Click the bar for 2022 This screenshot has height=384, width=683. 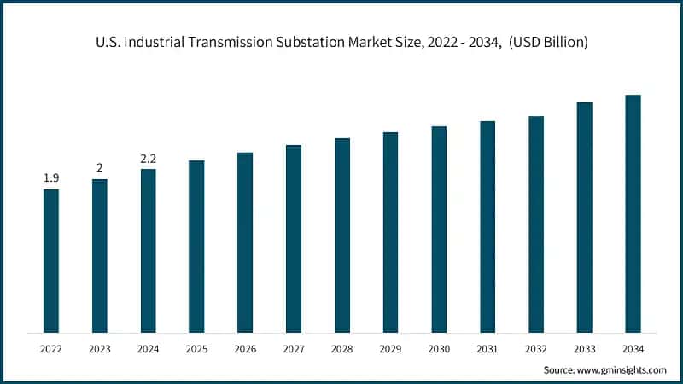pyautogui.click(x=51, y=260)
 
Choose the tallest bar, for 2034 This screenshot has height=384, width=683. pyautogui.click(x=633, y=213)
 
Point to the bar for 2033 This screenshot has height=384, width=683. pyautogui.click(x=584, y=217)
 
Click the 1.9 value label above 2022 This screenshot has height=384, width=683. pyautogui.click(x=51, y=178)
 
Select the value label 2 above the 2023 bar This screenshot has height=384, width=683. pyautogui.click(x=100, y=168)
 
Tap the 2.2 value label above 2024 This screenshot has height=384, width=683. pyautogui.click(x=149, y=159)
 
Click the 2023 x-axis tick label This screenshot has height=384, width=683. pyautogui.click(x=100, y=348)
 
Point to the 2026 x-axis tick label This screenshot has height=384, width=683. pyautogui.click(x=245, y=348)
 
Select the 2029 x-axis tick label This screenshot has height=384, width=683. pyautogui.click(x=390, y=348)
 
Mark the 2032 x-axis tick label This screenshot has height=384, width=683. pyautogui.click(x=536, y=348)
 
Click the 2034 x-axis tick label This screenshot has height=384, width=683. pyautogui.click(x=633, y=348)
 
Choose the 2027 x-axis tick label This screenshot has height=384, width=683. pyautogui.click(x=294, y=348)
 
